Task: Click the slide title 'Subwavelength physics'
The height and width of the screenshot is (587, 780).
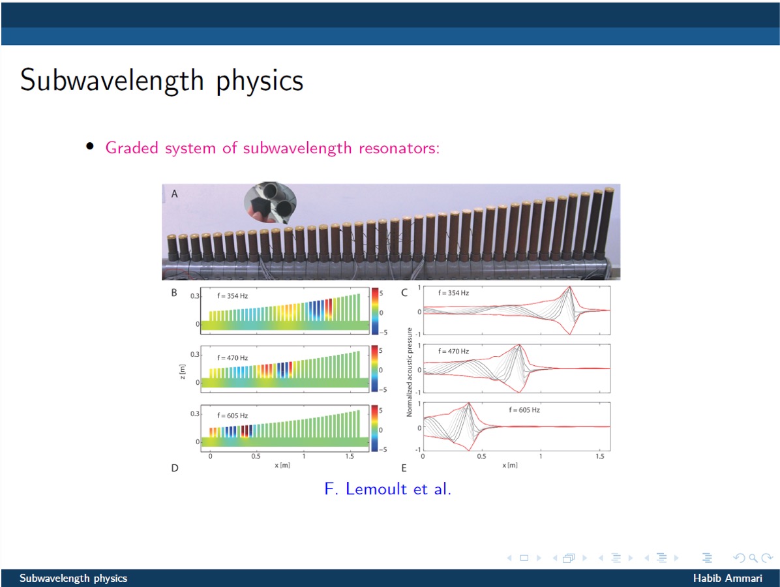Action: (x=162, y=81)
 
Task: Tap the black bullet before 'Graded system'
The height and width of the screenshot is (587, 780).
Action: (x=90, y=145)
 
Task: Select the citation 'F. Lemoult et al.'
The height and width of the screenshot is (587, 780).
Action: (x=387, y=489)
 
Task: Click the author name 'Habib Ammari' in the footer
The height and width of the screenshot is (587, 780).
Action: (x=727, y=578)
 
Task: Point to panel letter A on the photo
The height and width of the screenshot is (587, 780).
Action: (x=175, y=194)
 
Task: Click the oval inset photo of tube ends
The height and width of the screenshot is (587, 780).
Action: (x=270, y=202)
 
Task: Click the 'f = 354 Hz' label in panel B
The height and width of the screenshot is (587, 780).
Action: (x=232, y=295)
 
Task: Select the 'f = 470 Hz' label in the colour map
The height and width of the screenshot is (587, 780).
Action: (x=232, y=357)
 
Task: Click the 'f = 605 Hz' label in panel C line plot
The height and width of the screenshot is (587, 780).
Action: (x=524, y=410)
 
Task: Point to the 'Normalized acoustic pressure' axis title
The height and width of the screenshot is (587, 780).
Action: (x=410, y=372)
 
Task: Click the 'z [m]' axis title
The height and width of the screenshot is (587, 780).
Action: (x=182, y=372)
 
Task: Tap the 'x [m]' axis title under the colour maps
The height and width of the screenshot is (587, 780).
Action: (x=282, y=465)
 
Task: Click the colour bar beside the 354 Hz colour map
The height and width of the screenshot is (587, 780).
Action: (x=375, y=311)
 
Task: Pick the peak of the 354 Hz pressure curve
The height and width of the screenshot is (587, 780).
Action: (x=569, y=286)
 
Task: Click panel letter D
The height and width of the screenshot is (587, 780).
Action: (x=175, y=468)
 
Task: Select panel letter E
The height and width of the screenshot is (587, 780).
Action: (x=404, y=468)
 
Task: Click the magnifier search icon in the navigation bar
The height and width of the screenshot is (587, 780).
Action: (x=753, y=558)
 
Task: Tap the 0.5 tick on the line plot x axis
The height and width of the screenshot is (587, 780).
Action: (x=481, y=456)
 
